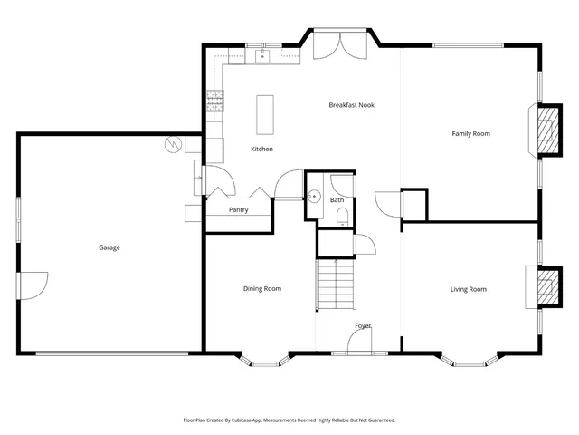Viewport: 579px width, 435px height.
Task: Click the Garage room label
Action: coord(109,247)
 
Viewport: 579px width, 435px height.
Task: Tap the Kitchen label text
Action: coord(261,149)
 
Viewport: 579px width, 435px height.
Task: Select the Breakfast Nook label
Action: coord(351,105)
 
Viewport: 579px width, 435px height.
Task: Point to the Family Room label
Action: coord(470,133)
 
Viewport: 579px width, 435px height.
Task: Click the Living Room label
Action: coord(469,289)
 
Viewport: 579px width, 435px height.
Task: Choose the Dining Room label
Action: coord(261,289)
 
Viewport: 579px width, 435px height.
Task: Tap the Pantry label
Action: coord(238,210)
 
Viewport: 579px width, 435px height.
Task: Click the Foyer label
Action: coord(362,325)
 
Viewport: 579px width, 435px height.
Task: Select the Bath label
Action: coord(337,199)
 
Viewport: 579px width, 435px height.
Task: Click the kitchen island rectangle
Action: coord(265,113)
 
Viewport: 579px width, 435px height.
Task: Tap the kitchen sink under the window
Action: coord(263,56)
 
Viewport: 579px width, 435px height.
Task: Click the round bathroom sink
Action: coord(314,196)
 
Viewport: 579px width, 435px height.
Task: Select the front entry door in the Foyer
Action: coord(360,342)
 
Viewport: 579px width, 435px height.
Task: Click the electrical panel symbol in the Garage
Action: coord(174,144)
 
